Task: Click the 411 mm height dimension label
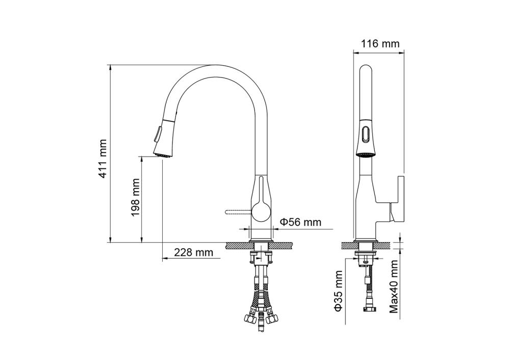click(x=103, y=159)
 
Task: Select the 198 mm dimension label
click(x=135, y=197)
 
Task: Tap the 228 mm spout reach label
click(x=193, y=252)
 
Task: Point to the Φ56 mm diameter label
click(x=300, y=222)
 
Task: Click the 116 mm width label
click(x=380, y=43)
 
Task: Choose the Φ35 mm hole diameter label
click(x=339, y=291)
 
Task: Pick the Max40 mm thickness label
click(x=394, y=287)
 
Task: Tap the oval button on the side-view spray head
click(x=366, y=134)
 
